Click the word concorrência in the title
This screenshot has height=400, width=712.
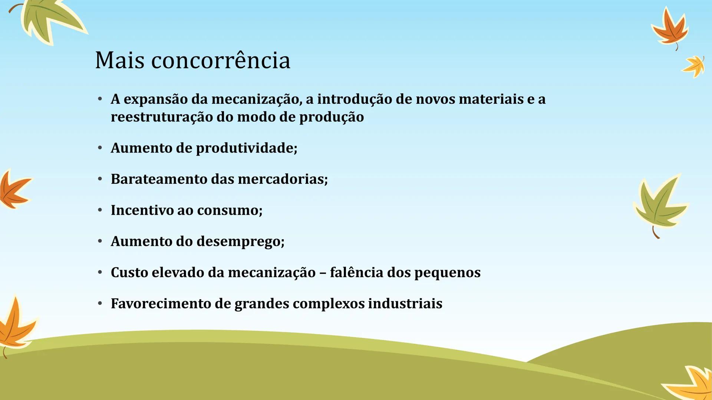(x=221, y=60)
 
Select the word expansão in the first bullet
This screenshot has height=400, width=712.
(x=155, y=99)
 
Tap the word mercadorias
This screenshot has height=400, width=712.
(x=283, y=179)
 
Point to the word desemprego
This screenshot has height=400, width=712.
(x=240, y=241)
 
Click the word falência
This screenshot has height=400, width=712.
(x=356, y=273)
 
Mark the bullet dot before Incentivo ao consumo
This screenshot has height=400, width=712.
(x=100, y=210)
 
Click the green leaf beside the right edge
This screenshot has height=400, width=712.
(x=660, y=204)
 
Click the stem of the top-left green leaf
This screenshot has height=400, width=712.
(x=14, y=7)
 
